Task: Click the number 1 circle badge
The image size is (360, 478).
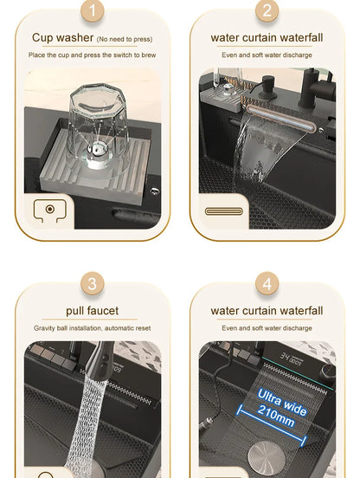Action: [x=93, y=11]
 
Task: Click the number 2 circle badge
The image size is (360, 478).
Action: [x=267, y=11]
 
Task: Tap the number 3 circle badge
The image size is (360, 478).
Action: [x=93, y=283]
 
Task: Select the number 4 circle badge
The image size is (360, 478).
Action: [x=267, y=283]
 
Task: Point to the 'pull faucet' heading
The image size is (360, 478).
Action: [x=93, y=310]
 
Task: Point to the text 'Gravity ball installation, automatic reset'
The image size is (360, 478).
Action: [x=93, y=328]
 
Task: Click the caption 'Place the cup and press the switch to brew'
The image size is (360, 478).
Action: [x=93, y=55]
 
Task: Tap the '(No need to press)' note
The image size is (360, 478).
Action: [x=125, y=38]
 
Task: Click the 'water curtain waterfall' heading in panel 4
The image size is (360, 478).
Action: [x=267, y=310]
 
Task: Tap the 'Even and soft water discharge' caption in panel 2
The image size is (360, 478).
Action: [x=267, y=55]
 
